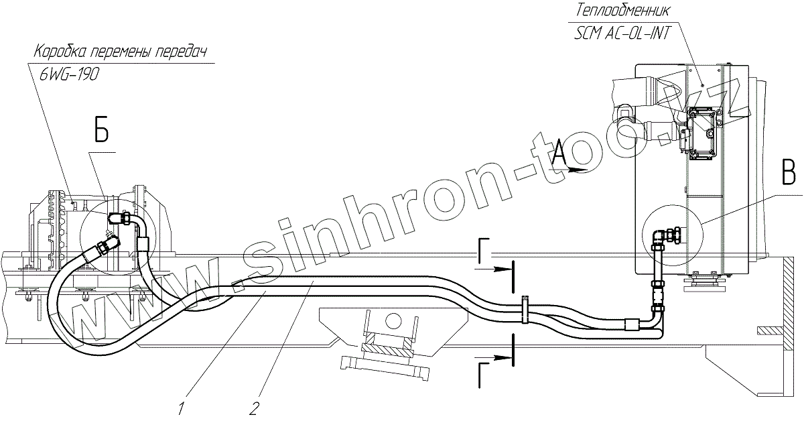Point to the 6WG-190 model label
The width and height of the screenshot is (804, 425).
[70, 75]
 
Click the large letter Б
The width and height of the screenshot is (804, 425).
[101, 132]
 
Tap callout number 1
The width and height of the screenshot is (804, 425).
[181, 407]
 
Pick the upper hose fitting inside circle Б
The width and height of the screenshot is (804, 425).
[123, 218]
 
